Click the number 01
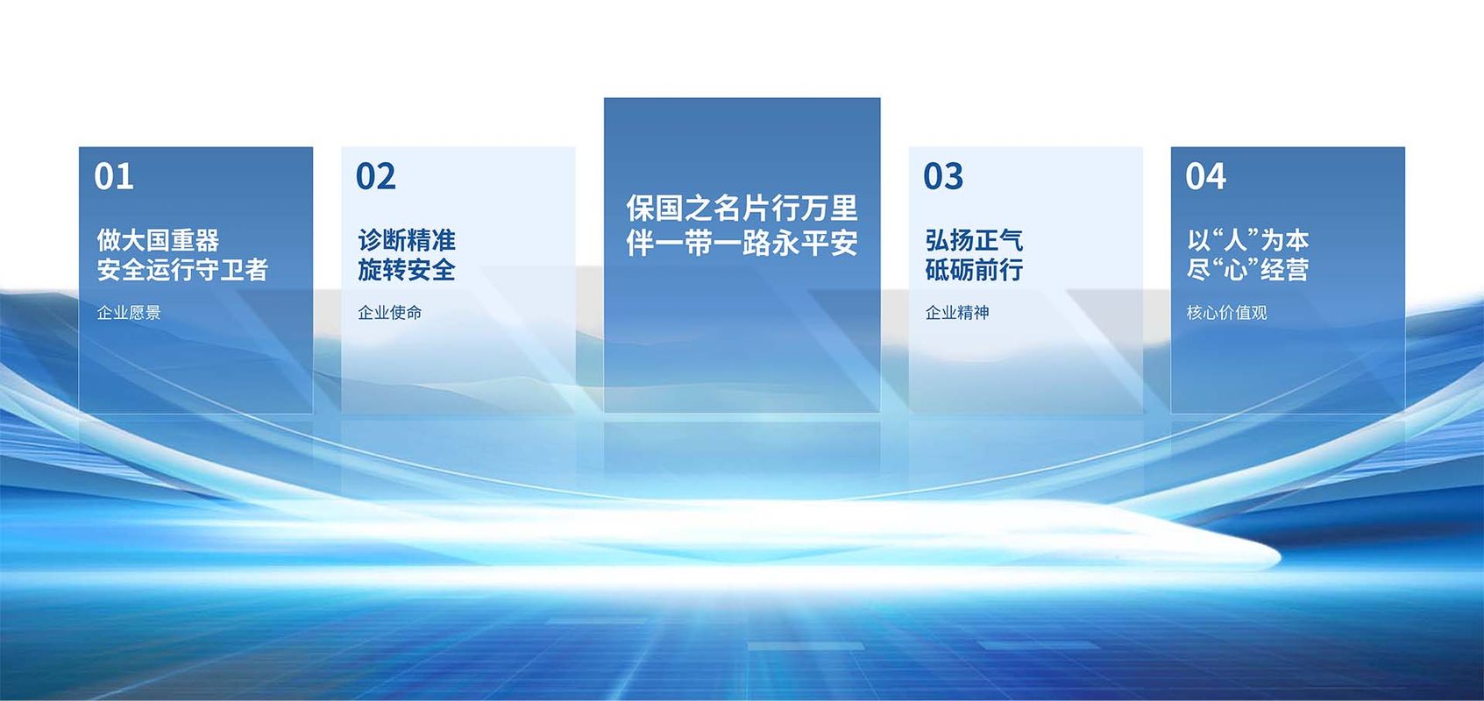tap(114, 176)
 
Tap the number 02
tap(376, 176)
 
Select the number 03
tap(943, 176)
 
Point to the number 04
tap(1206, 176)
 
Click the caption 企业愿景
tap(129, 312)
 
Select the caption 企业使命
tap(389, 312)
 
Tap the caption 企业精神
tap(957, 312)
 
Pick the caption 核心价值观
tap(1227, 312)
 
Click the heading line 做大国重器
tap(158, 240)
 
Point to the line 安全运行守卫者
tap(182, 270)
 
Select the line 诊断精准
tap(407, 240)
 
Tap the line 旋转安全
tap(407, 270)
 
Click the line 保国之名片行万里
tap(742, 208)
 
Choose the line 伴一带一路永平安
tap(742, 244)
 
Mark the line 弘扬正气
tap(974, 240)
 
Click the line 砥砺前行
tap(974, 270)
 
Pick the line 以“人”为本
tap(1248, 240)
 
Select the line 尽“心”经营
tap(1248, 270)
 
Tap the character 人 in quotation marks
tap(1236, 240)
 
